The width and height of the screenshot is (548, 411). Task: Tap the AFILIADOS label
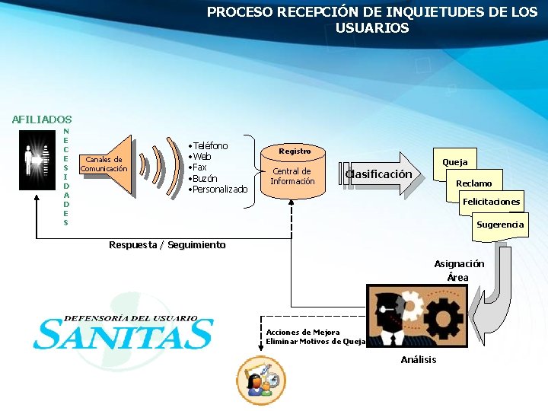(x=42, y=119)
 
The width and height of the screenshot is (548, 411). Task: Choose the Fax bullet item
(x=199, y=167)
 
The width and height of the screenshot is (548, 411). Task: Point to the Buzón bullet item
(x=204, y=178)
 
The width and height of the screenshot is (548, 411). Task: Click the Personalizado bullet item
(x=219, y=189)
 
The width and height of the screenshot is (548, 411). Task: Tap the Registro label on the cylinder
(x=295, y=151)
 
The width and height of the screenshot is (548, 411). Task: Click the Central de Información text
(x=292, y=177)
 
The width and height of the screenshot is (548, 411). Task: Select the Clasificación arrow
(x=380, y=174)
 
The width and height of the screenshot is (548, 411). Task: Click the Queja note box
(x=455, y=162)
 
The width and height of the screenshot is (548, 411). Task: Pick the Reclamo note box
(x=473, y=183)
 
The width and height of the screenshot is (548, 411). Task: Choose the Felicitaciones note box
(x=491, y=202)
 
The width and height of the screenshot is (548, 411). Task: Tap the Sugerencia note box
(x=499, y=225)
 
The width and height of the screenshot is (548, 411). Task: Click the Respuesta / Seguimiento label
(x=167, y=245)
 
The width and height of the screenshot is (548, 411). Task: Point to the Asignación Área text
(x=459, y=270)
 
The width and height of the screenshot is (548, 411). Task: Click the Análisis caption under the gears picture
(x=419, y=359)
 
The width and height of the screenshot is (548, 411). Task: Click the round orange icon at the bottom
(x=261, y=381)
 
